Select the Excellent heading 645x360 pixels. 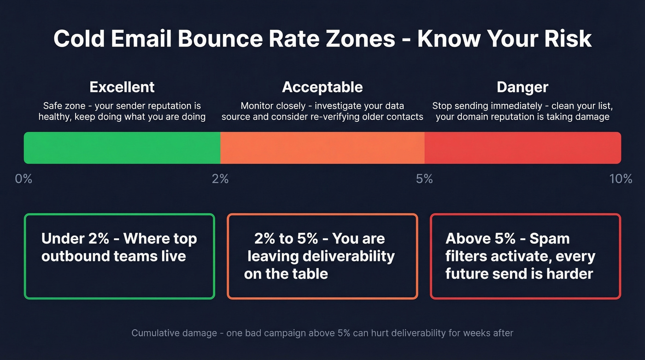click(122, 87)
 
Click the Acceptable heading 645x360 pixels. click(322, 87)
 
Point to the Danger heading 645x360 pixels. click(522, 87)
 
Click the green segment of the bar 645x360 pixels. click(122, 148)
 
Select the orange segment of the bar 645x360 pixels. click(322, 148)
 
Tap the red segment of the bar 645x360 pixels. click(522, 148)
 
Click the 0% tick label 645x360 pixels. click(23, 179)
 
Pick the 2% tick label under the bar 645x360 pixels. click(220, 179)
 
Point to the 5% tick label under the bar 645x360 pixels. click(424, 179)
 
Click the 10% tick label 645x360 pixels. click(621, 179)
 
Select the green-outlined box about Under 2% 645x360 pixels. click(119, 256)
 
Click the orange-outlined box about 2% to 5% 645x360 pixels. click(322, 256)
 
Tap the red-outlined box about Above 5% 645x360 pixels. click(525, 256)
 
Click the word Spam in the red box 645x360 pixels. click(550, 239)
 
